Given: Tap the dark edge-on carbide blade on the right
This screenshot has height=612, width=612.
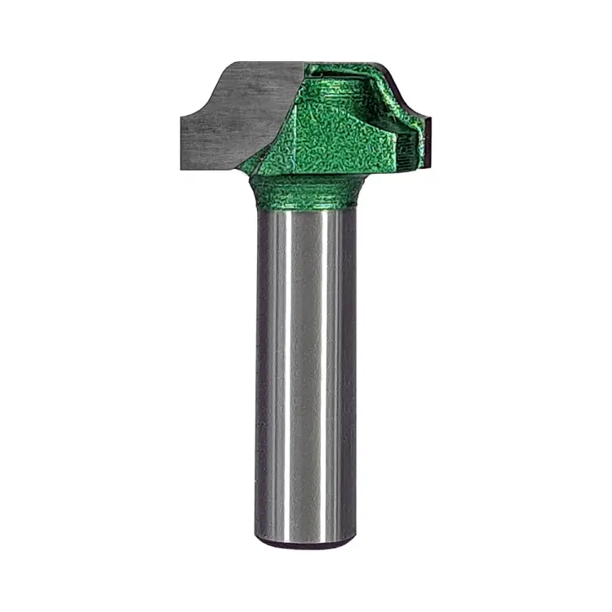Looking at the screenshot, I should pos(425,144).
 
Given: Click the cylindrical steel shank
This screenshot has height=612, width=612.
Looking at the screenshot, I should pos(306,367).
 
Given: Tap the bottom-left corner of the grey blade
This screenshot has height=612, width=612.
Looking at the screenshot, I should pos(183,167).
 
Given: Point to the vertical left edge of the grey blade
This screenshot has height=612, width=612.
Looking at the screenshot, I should pos(182,143).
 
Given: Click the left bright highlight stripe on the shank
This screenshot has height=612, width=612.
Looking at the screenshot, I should pos(282,367).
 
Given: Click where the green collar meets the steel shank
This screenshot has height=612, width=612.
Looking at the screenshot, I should pos(306,207).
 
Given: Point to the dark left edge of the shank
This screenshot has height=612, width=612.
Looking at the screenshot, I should pos(259,367).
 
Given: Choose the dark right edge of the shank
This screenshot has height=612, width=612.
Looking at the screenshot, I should pos(352,367).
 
